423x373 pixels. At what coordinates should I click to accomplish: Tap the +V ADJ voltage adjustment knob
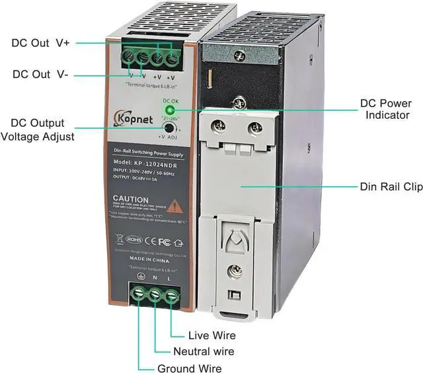point(170,129)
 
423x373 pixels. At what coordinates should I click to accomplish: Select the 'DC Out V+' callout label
point(41,44)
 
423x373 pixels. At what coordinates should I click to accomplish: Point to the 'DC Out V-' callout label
point(40,74)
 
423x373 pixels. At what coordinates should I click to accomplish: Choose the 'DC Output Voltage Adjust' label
point(38,130)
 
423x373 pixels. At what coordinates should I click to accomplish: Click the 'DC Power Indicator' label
point(386,110)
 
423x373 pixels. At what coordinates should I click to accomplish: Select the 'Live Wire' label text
point(211,335)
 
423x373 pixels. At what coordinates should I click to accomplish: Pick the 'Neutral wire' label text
point(203,351)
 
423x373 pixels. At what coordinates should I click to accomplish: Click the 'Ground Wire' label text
point(189,368)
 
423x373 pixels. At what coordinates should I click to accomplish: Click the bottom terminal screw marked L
point(171,296)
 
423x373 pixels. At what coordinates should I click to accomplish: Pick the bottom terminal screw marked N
point(155,296)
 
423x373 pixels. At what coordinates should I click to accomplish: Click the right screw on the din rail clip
point(252,127)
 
